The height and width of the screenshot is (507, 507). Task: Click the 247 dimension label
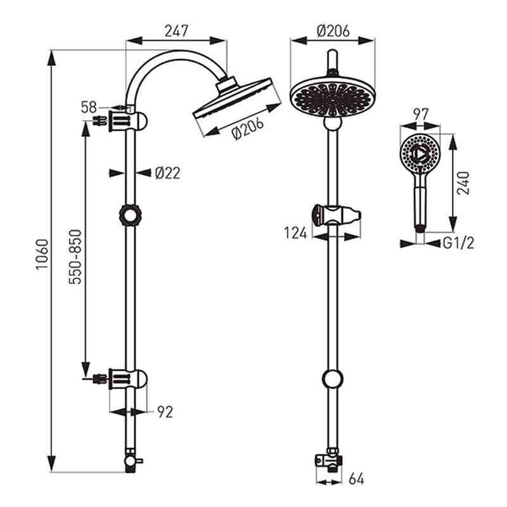pyautogui.click(x=176, y=31)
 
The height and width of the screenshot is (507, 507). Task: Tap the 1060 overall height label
pyautogui.click(x=42, y=254)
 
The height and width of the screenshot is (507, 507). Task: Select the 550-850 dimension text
pyautogui.click(x=75, y=257)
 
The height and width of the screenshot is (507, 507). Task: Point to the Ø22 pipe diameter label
pyautogui.click(x=167, y=173)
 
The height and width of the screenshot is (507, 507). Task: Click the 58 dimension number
pyautogui.click(x=89, y=107)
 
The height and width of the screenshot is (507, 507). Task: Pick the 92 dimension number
pyautogui.click(x=165, y=412)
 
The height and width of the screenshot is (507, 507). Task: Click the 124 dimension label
pyautogui.click(x=295, y=233)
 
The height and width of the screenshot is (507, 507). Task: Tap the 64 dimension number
pyautogui.click(x=356, y=479)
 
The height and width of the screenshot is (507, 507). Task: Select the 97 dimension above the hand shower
pyautogui.click(x=421, y=115)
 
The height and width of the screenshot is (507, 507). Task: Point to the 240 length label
pyautogui.click(x=463, y=183)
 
